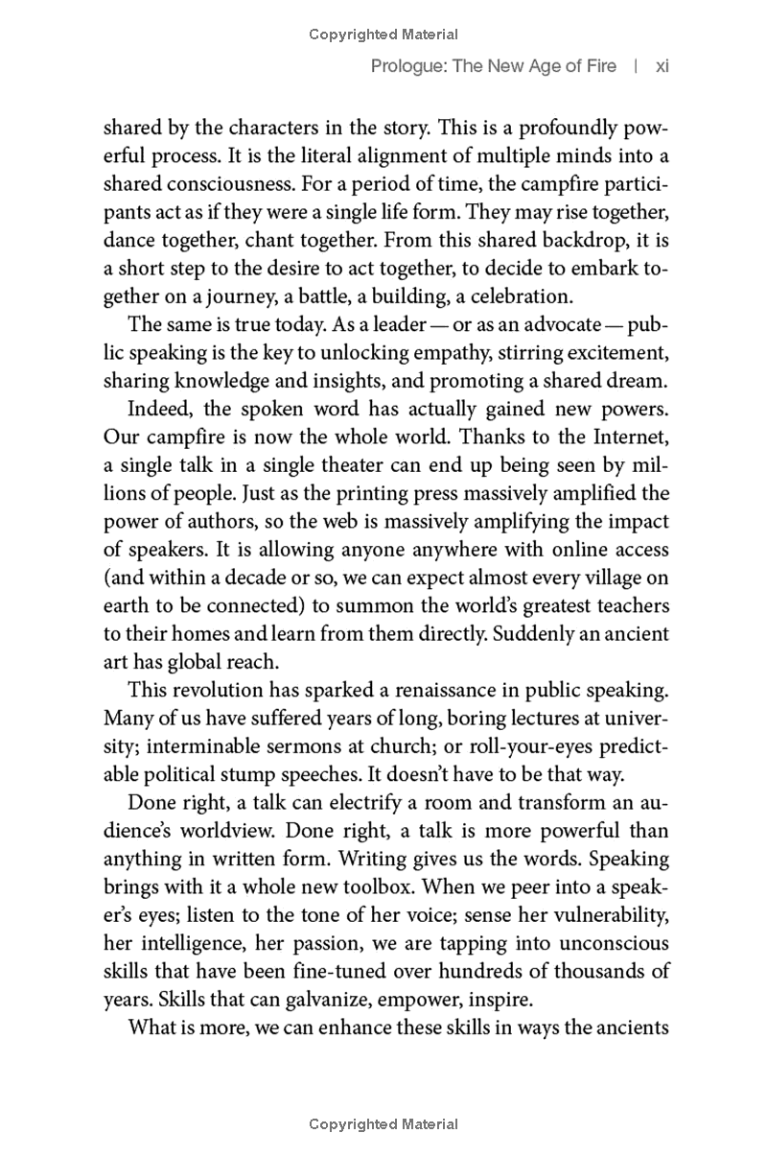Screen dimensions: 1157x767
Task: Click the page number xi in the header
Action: (662, 66)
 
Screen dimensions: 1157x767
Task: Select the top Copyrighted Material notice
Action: (383, 35)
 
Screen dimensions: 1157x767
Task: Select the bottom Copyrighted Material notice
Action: (383, 1124)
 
